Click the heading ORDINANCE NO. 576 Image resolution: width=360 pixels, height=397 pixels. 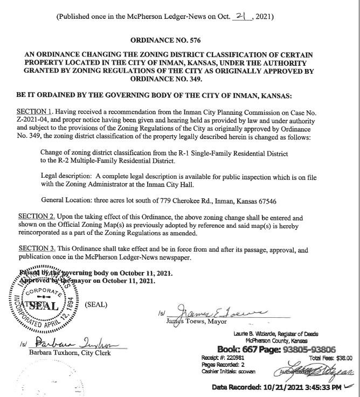pos(180,39)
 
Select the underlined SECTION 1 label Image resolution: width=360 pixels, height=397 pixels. pos(36,110)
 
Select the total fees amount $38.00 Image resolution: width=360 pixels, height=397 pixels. pos(342,357)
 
